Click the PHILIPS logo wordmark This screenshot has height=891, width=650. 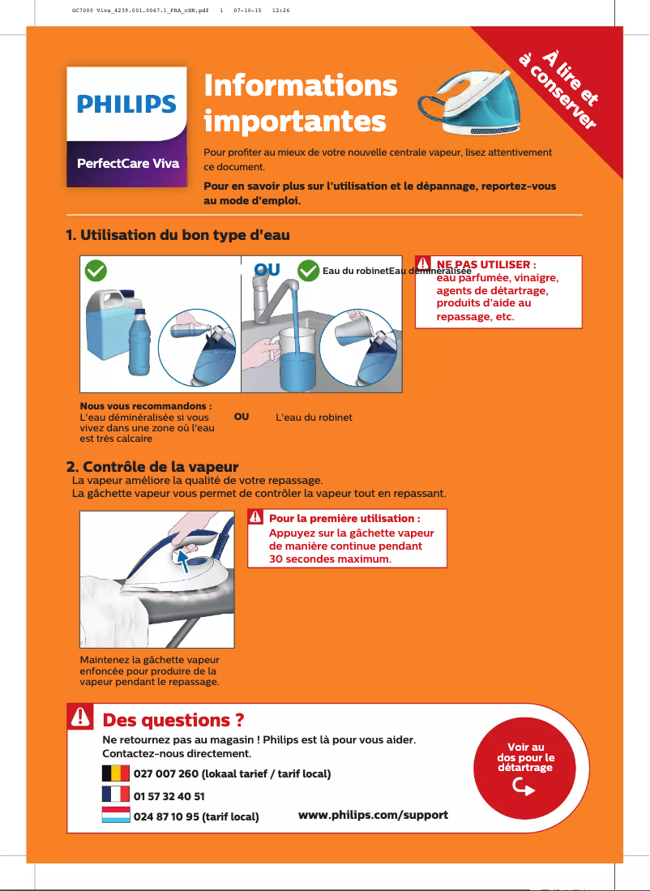point(126,105)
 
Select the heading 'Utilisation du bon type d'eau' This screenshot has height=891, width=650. point(177,235)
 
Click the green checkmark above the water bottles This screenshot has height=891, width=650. point(96,270)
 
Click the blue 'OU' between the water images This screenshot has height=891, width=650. point(267,269)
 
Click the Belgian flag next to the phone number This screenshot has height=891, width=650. point(115,773)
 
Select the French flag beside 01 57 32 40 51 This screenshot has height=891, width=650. point(115,795)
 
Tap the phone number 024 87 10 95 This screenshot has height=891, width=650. point(167,816)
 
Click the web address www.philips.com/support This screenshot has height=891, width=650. point(373,814)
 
